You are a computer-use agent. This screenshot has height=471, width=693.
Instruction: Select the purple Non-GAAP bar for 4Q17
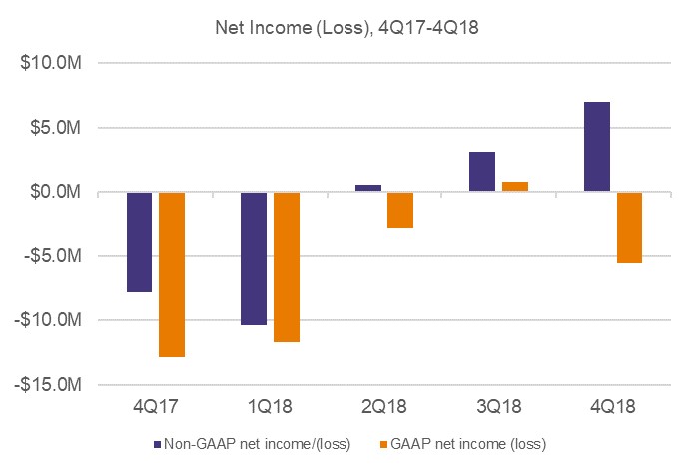[139, 241]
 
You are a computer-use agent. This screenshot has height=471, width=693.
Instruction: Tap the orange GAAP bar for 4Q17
[172, 273]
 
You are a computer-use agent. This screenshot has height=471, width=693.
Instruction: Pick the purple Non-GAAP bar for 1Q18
[254, 257]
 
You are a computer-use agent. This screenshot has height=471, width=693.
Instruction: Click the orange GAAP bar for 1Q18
[287, 266]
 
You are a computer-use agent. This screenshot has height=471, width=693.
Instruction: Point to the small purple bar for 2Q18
[367, 188]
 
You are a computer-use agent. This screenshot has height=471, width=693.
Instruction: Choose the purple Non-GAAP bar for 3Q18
[482, 172]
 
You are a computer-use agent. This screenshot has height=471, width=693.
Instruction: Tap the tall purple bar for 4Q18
[597, 147]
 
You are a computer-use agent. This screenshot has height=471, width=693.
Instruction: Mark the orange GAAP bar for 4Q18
[629, 228]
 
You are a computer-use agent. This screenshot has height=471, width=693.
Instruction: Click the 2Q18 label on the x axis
[384, 408]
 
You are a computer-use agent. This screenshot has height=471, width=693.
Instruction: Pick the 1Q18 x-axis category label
[270, 408]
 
